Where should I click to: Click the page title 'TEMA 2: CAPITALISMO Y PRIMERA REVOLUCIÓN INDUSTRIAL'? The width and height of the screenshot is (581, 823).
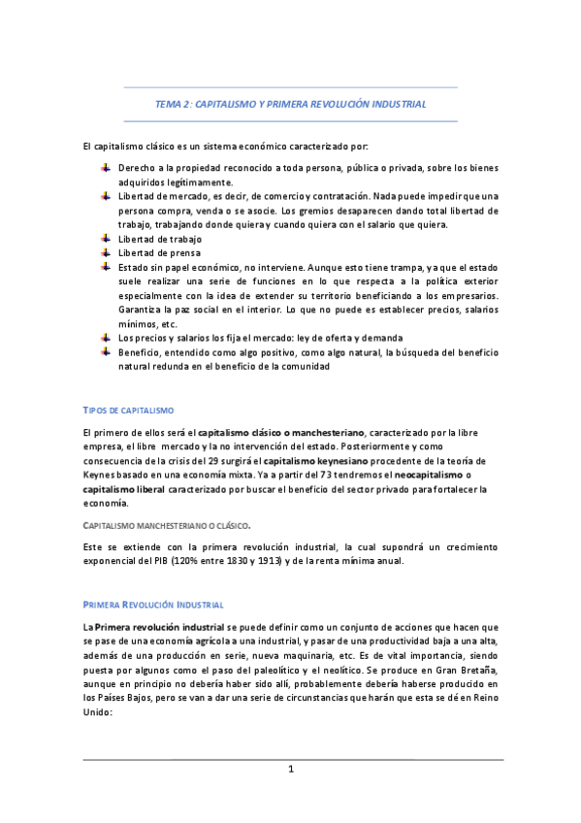[x=290, y=103]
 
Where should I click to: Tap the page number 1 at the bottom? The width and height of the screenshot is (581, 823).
[x=290, y=770]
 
